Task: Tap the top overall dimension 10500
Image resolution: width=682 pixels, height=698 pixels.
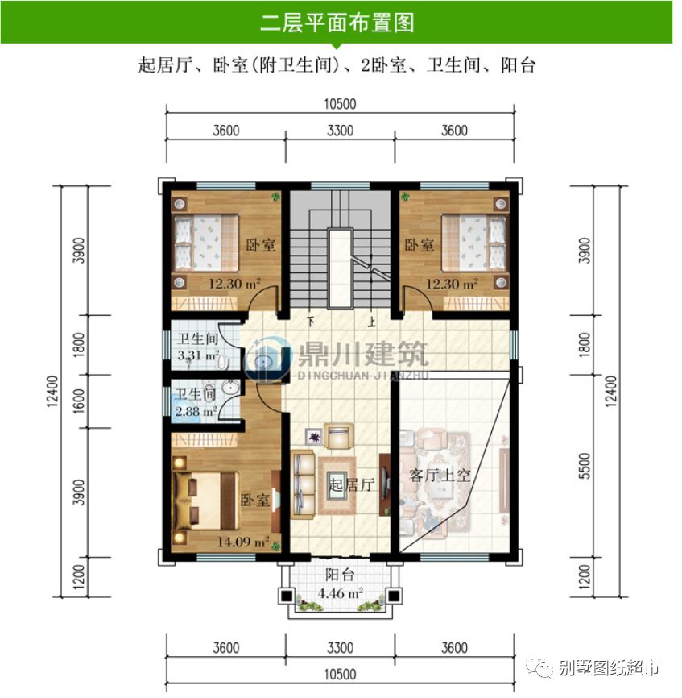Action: (x=341, y=104)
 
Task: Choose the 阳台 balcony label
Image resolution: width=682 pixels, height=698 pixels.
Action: (x=340, y=575)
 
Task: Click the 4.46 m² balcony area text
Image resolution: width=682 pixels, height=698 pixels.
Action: (x=339, y=595)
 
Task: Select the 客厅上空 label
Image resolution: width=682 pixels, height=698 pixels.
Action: (x=440, y=475)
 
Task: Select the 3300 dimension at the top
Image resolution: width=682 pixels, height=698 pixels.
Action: (x=341, y=131)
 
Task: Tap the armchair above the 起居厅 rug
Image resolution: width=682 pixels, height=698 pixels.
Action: (x=337, y=436)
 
